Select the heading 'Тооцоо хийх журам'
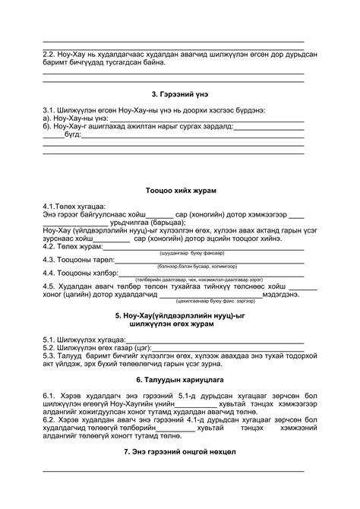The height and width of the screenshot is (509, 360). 179,189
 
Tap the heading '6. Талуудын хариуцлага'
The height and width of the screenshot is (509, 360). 179,378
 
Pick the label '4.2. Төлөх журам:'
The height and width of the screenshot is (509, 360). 73,246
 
